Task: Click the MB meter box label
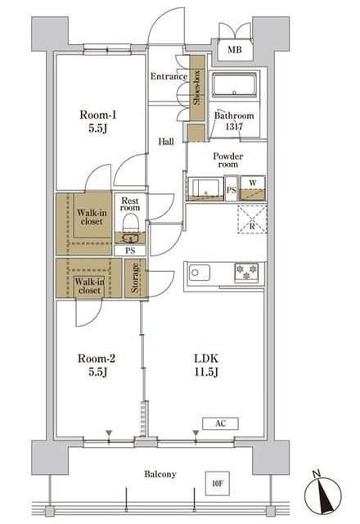point(235,50)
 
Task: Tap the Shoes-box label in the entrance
point(196,88)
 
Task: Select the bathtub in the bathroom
point(235,84)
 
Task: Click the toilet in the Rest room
point(130,224)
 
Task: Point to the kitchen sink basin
point(200,273)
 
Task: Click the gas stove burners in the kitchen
point(246,272)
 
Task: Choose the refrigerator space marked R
point(252,219)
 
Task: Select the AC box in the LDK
point(220,423)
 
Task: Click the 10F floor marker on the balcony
point(218,483)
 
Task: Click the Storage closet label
point(135,278)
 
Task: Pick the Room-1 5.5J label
point(98,122)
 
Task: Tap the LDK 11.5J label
point(206,365)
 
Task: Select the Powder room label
point(228,160)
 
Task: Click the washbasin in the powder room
point(206,189)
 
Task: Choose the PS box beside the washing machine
point(231,189)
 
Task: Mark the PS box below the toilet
point(130,251)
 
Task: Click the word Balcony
point(160,474)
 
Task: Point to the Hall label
point(166,142)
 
